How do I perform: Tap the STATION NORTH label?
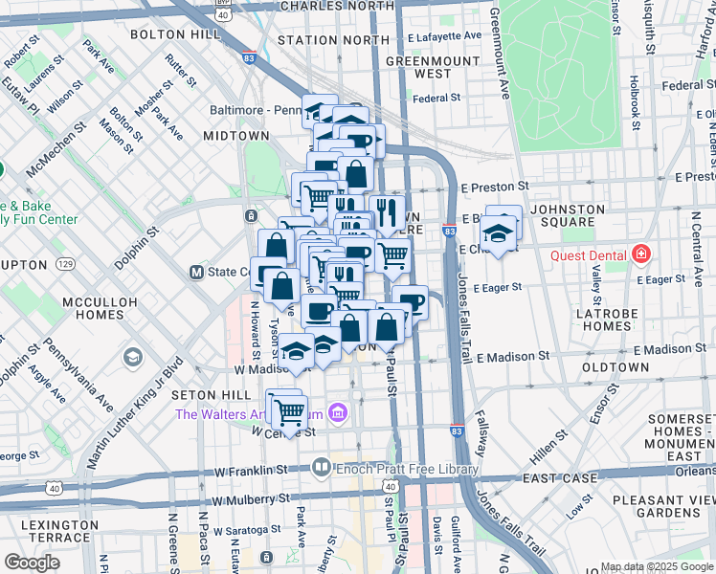coord(323,40)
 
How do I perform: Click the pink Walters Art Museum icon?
coord(337,414)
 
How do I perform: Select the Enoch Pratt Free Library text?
coord(407,469)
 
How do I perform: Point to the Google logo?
coord(32,562)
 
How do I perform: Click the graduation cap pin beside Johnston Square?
coord(498,233)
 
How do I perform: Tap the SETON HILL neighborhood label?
coord(203,394)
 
